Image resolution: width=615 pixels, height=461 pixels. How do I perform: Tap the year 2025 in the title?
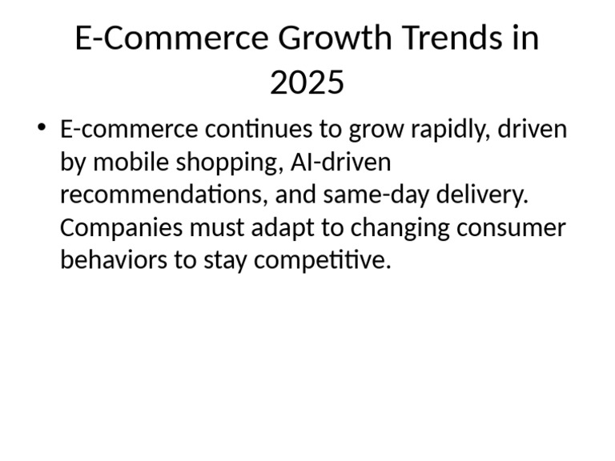(x=307, y=82)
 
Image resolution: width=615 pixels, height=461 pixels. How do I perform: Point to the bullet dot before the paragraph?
(x=42, y=129)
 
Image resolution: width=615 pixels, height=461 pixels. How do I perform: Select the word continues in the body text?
(x=260, y=130)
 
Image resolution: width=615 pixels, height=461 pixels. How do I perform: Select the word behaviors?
(x=109, y=261)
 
